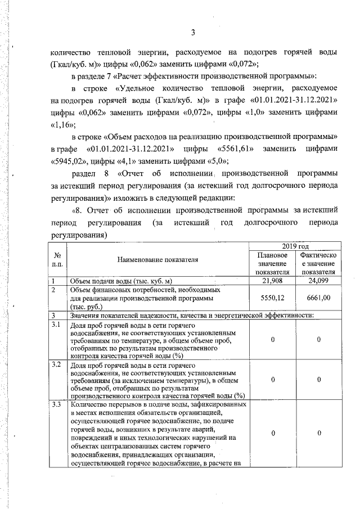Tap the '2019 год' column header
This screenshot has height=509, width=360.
pyautogui.click(x=296, y=246)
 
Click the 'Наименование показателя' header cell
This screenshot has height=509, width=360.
pyautogui.click(x=158, y=260)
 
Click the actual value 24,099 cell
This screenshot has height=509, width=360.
pyautogui.click(x=319, y=280)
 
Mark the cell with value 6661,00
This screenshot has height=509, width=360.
pyautogui.click(x=319, y=298)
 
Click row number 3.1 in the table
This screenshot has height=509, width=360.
pyautogui.click(x=56, y=325)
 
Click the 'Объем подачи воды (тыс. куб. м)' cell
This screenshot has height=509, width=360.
pyautogui.click(x=120, y=281)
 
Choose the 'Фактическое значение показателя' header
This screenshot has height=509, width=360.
pyautogui.click(x=319, y=264)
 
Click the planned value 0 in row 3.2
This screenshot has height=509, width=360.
pyautogui.click(x=272, y=380)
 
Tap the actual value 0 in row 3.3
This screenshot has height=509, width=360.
pyautogui.click(x=319, y=434)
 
